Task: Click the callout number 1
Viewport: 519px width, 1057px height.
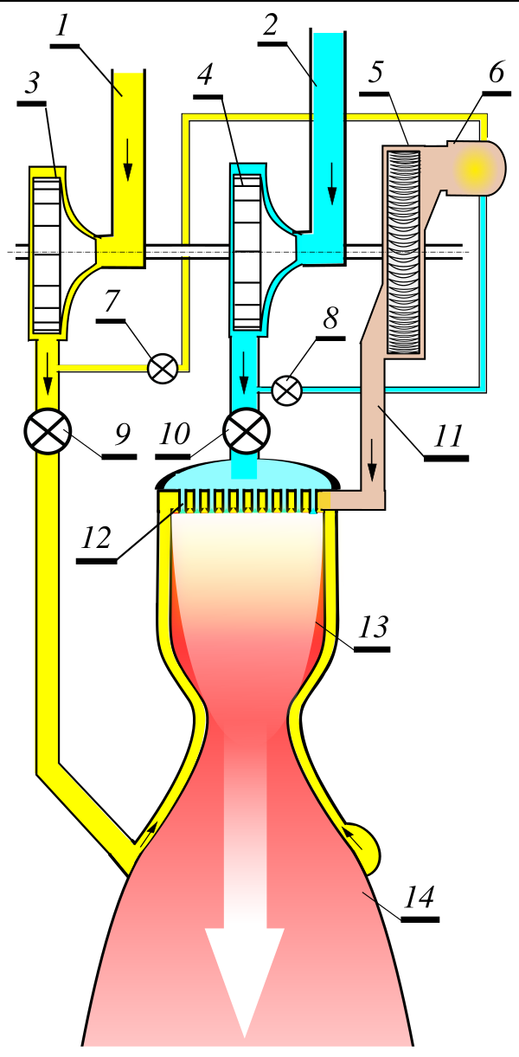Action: pyautogui.click(x=61, y=26)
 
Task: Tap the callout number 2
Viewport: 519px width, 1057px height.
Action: pyautogui.click(x=270, y=26)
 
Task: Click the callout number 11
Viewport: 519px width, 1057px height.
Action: pyautogui.click(x=446, y=435)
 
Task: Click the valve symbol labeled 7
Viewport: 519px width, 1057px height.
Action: pyautogui.click(x=163, y=368)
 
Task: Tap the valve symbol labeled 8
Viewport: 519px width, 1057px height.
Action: pyautogui.click(x=286, y=390)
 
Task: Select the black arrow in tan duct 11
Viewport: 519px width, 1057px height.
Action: pyautogui.click(x=372, y=471)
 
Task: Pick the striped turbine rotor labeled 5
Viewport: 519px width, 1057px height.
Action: pyautogui.click(x=404, y=251)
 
